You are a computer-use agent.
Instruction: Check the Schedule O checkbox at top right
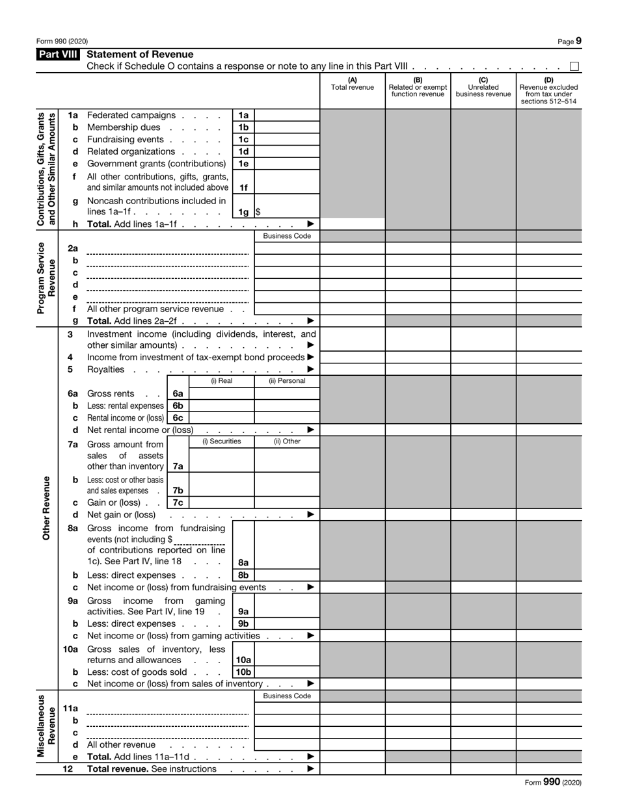tap(574, 66)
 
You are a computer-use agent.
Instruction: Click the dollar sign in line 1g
tap(258, 212)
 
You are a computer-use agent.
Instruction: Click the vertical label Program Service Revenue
tap(47, 278)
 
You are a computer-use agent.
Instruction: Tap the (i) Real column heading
tap(221, 381)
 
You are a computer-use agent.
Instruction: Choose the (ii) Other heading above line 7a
tap(286, 441)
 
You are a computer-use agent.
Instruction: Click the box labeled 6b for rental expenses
tap(178, 406)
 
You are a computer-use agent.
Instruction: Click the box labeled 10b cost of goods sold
tap(243, 672)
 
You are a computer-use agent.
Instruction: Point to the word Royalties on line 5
tap(105, 369)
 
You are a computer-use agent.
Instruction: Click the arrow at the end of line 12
tap(310, 769)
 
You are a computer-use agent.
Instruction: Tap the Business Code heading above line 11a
tap(286, 696)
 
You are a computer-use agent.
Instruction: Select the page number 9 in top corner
tap(578, 41)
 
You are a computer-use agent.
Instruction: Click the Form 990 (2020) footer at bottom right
tap(553, 783)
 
